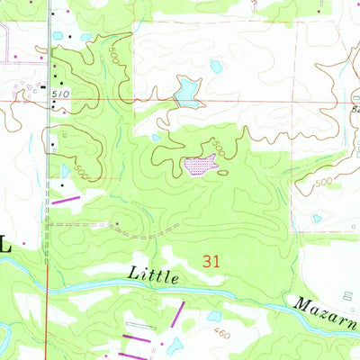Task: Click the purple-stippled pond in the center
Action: click(200, 166)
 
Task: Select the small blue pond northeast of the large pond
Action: click(215, 66)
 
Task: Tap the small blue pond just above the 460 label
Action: click(213, 316)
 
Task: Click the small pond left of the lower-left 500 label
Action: click(65, 168)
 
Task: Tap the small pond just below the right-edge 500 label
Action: click(316, 218)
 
